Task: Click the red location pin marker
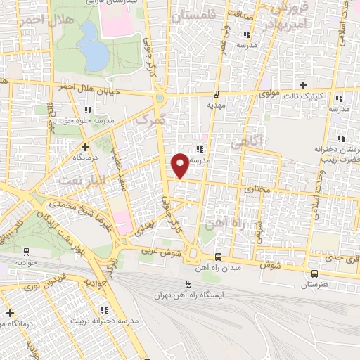pos(180,165)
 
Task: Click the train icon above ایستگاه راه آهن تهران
pos(188,284)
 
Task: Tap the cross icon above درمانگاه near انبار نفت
pos(85,147)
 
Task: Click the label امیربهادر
pos(284,25)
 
